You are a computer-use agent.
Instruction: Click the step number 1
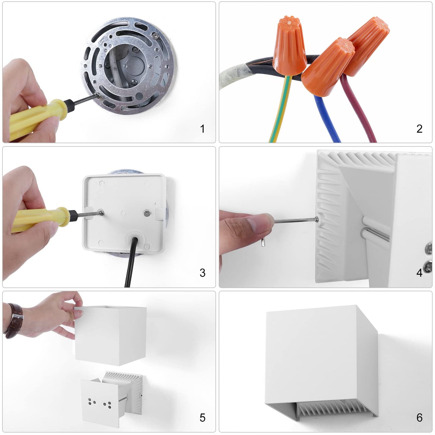coord(202,129)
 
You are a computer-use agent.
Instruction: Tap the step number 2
coord(419,129)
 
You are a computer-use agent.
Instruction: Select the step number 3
coord(203,273)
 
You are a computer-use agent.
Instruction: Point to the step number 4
coord(419,273)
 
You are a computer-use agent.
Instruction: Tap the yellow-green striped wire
coord(280,108)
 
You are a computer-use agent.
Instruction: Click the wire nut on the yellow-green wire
coord(289,46)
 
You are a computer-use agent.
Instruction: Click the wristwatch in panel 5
coord(14,321)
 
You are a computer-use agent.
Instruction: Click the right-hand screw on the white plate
coord(147,213)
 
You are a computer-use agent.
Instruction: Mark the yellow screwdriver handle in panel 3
coord(41,219)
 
